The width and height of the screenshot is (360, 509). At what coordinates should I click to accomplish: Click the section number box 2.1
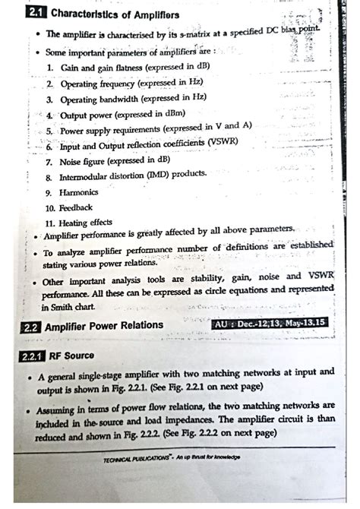36,14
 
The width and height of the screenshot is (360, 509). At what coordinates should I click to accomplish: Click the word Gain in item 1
71,68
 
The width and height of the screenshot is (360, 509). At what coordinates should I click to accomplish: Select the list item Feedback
77,207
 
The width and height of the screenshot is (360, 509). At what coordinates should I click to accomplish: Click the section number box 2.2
31,326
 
